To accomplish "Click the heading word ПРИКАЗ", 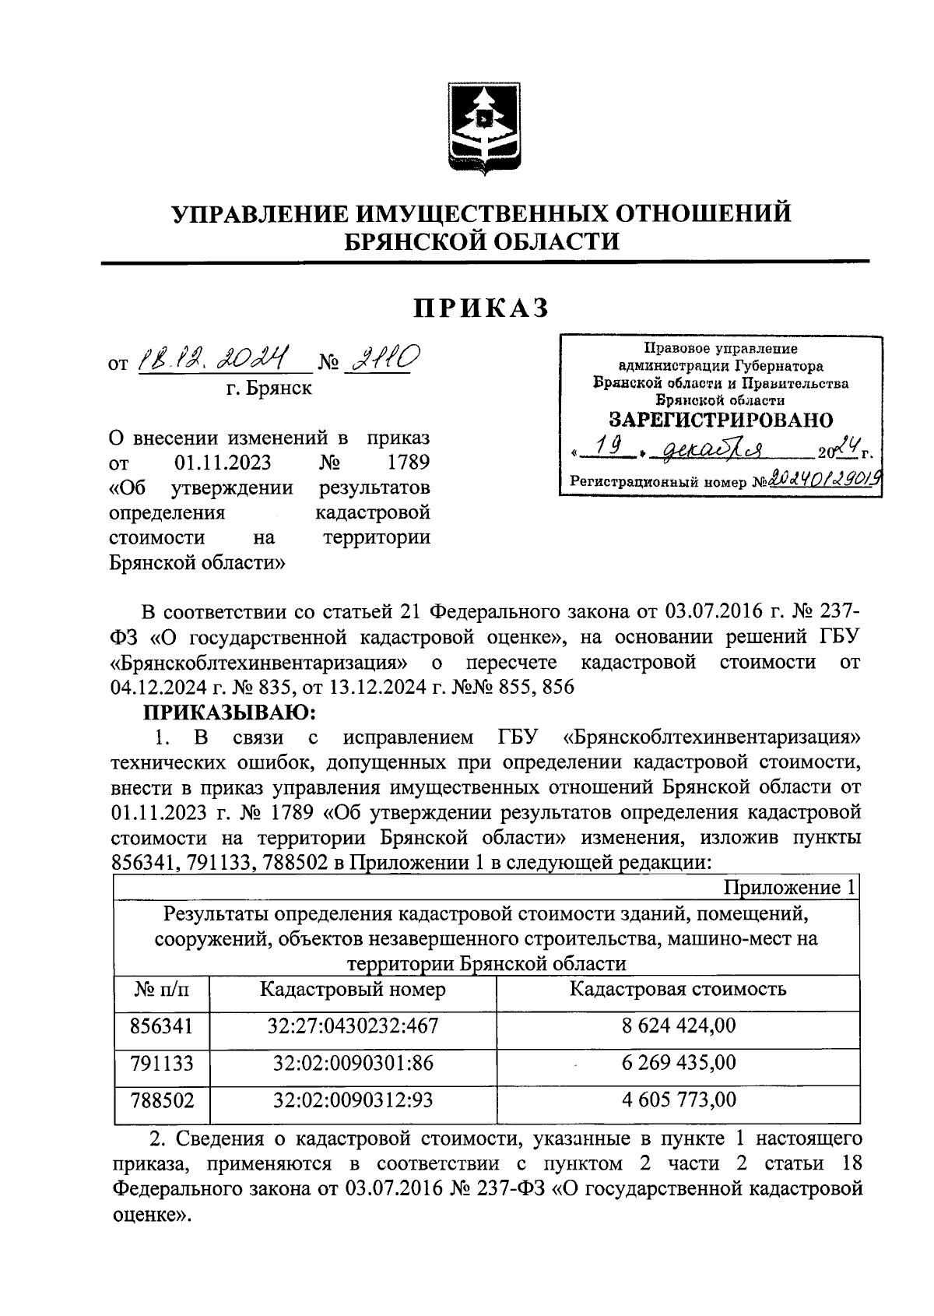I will tap(482, 308).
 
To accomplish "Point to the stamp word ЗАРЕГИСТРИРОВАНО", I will tap(720, 420).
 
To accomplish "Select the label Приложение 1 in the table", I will tap(789, 888).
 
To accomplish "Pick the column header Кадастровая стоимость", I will tap(678, 990).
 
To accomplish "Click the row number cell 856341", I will tap(162, 1026).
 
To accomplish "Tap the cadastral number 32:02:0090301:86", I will tap(353, 1063).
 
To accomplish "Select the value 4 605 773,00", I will tap(678, 1100).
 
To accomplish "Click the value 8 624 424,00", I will tap(678, 1026).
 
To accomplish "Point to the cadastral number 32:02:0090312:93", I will tap(353, 1100).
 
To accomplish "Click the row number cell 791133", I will tap(162, 1063).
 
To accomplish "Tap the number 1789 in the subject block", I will tap(408, 463).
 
